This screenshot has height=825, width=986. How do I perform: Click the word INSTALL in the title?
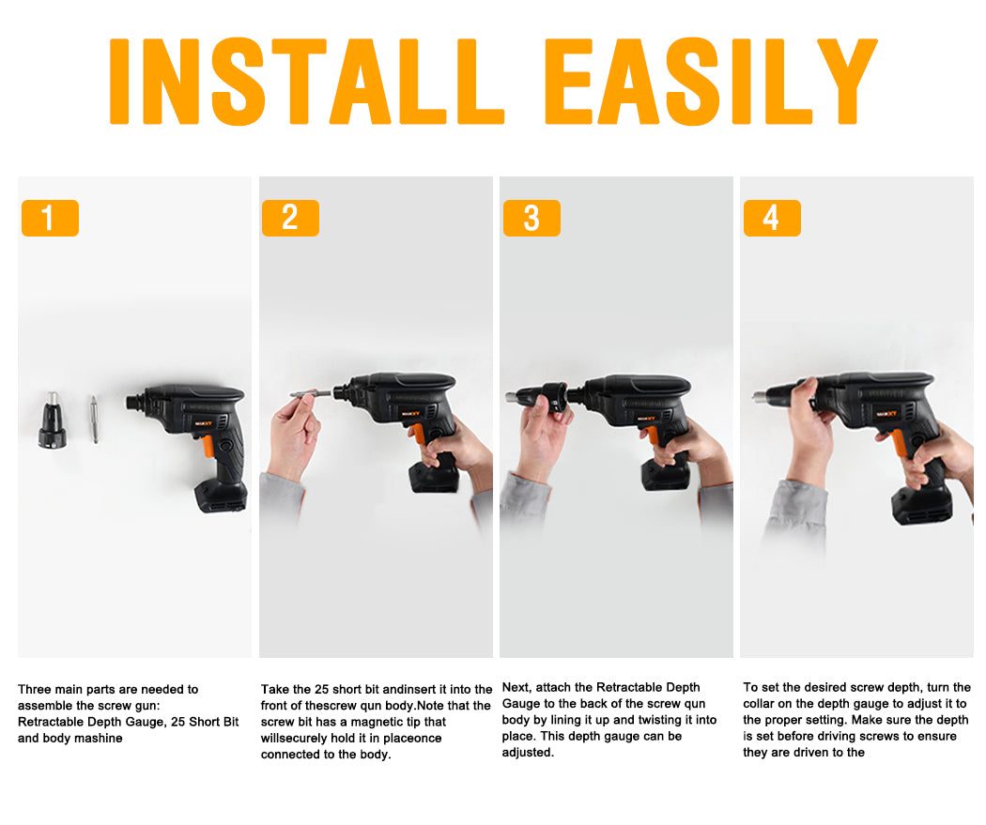click(307, 81)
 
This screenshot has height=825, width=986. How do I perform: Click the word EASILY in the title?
click(711, 81)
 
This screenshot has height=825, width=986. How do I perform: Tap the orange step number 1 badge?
click(51, 218)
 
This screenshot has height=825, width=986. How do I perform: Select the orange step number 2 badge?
click(290, 218)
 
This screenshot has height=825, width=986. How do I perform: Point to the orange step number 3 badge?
click(532, 218)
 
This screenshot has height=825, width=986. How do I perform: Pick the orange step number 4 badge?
click(772, 218)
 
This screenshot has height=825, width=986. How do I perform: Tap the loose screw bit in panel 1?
click(94, 420)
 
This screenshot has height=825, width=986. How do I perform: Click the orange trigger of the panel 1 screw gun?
click(208, 446)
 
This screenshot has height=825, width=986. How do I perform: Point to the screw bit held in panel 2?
click(310, 394)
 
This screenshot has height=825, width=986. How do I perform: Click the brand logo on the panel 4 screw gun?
click(886, 413)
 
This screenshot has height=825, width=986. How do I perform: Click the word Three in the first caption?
click(34, 689)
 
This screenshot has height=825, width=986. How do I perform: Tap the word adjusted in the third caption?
click(528, 752)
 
